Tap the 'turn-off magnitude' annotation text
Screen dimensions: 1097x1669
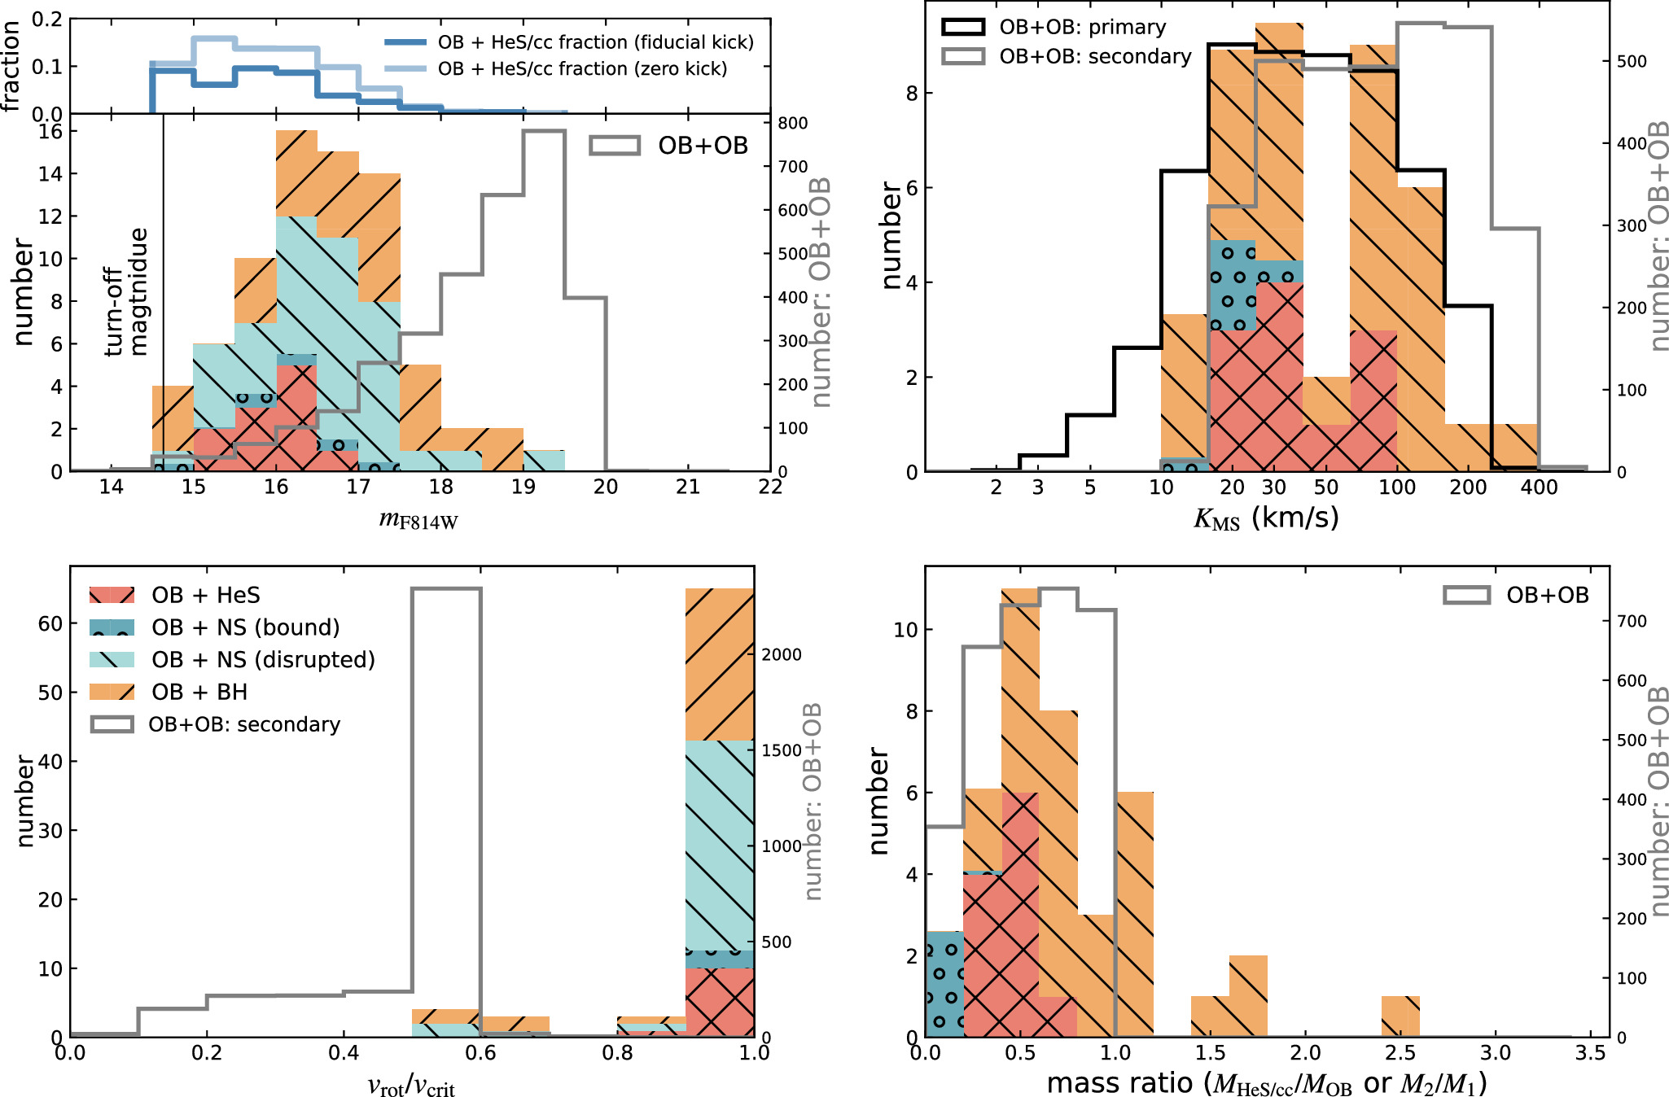(x=127, y=291)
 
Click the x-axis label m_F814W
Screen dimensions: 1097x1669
(x=418, y=518)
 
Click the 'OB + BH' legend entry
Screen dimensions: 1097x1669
(x=199, y=692)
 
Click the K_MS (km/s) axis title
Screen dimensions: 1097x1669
(x=1266, y=518)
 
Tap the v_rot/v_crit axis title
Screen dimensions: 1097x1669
(x=411, y=1086)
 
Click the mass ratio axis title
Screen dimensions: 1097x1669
(x=1266, y=1084)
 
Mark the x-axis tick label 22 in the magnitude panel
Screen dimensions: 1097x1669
(x=769, y=487)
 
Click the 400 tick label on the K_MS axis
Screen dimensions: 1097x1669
(x=1539, y=487)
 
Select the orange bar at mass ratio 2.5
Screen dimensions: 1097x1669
(x=1400, y=1016)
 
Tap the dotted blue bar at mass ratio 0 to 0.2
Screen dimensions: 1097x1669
(x=944, y=985)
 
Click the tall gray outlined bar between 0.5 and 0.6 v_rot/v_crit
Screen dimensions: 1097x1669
(x=446, y=814)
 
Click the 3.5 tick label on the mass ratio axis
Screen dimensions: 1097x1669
(x=1590, y=1054)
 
